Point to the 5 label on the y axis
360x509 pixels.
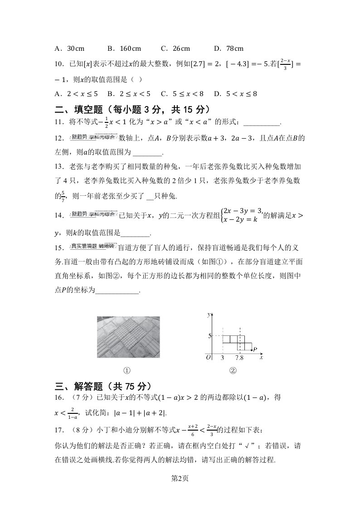click(210, 336)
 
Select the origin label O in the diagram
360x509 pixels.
click(208, 358)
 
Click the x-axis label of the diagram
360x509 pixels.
click(262, 358)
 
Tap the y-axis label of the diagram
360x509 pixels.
click(208, 314)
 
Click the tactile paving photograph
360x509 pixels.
click(128, 338)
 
